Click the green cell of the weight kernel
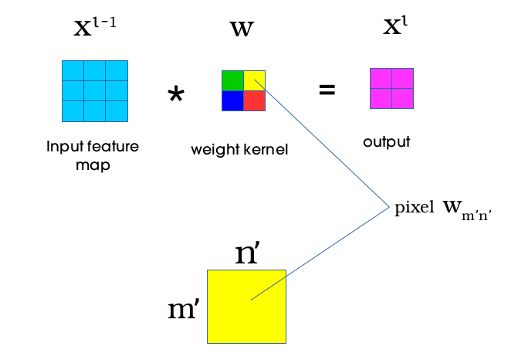(232, 80)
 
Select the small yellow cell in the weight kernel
(255, 80)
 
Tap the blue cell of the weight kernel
(232, 101)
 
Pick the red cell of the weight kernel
(255, 101)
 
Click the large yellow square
(246, 306)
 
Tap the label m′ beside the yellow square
(185, 310)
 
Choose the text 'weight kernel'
(239, 149)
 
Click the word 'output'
(386, 142)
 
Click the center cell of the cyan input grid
(95, 91)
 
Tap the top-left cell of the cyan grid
(73, 70)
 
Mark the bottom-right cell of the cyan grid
(117, 111)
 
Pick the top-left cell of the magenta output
(381, 79)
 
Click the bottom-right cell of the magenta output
(402, 99)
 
